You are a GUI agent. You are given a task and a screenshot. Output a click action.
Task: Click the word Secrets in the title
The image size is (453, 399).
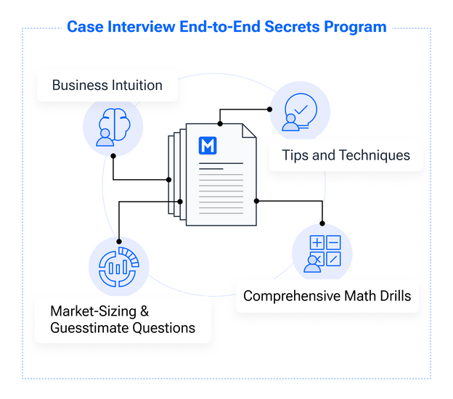pos(292,27)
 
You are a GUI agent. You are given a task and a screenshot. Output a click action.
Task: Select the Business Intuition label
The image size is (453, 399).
pos(107,85)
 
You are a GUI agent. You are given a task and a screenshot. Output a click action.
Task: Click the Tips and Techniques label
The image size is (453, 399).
pos(346,155)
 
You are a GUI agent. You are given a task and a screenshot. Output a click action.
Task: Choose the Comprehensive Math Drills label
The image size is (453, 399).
pos(327,296)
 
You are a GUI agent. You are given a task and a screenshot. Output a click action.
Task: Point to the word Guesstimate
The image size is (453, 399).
pos(89,328)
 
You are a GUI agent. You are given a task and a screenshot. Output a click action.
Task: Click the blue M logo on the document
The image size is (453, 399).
pos(208,146)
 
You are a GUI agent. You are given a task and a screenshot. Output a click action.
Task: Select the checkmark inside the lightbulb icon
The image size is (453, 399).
pos(301,110)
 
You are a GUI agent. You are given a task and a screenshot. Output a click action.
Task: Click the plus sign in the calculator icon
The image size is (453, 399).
pos(317,242)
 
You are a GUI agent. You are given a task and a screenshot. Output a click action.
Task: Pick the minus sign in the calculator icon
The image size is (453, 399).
pos(333,242)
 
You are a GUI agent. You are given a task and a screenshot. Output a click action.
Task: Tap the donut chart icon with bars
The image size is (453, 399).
pos(118,267)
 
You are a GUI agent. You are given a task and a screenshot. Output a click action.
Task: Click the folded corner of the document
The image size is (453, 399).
pos(249,131)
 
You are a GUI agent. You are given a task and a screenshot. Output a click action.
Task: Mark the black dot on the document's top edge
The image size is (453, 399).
pos(220,124)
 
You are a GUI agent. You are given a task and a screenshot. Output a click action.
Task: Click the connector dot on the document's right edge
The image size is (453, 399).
pos(256,201)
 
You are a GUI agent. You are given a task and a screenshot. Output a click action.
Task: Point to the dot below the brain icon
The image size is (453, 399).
pos(113,156)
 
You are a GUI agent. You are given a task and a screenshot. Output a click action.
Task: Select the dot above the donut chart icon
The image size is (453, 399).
pos(119,242)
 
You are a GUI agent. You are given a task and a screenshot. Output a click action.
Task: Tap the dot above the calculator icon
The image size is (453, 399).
pos(322,223)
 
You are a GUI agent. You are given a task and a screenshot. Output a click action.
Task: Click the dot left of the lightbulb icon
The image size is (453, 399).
pos(269,110)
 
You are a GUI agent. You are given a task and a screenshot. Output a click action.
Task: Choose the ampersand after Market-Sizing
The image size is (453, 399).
pos(144,311)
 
